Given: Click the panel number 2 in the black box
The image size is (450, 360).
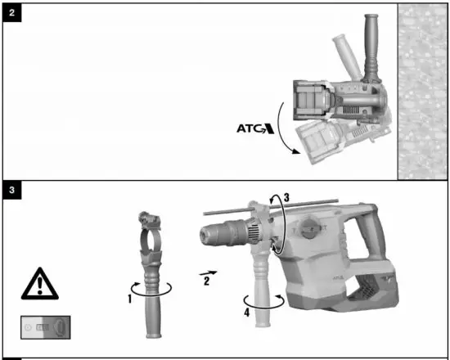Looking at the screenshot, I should click(12, 14).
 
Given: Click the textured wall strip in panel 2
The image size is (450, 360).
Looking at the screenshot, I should click(422, 90).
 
